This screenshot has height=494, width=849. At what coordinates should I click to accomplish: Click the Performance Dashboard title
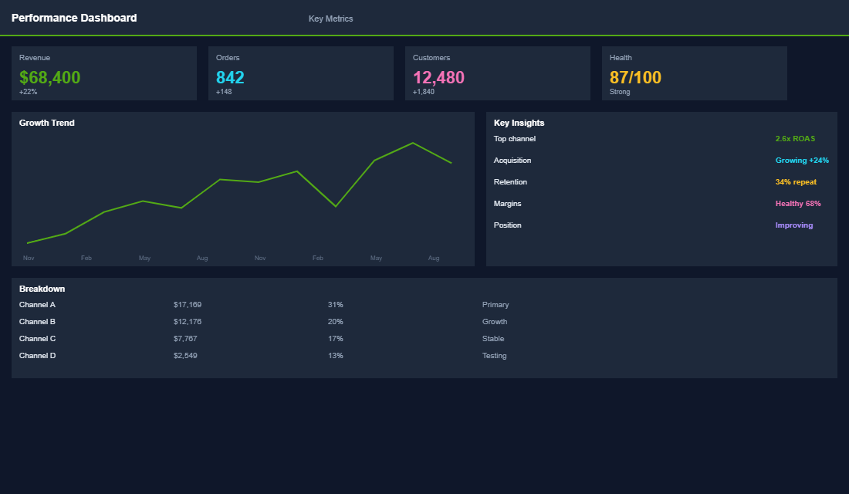tap(74, 18)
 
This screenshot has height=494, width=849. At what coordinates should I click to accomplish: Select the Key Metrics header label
tap(330, 19)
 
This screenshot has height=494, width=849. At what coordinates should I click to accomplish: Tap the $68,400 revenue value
tap(49, 77)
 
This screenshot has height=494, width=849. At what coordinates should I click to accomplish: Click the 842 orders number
tap(230, 77)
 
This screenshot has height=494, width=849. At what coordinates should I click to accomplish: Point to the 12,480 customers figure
tap(438, 77)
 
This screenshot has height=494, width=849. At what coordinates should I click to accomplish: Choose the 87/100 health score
tap(635, 77)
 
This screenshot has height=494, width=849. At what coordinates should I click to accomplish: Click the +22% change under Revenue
tap(28, 92)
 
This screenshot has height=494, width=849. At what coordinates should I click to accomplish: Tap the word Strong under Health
tap(620, 92)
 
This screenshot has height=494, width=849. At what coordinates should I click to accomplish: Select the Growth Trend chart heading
tap(47, 123)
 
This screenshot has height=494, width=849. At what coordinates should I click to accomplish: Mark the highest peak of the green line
tap(413, 143)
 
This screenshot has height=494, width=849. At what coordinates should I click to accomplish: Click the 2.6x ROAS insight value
tap(795, 139)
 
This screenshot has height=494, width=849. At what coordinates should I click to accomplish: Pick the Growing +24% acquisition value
tap(802, 161)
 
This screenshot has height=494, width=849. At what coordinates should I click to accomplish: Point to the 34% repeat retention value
tap(796, 182)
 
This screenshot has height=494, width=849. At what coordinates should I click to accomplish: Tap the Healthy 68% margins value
tap(798, 204)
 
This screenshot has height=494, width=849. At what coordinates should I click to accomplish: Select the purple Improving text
tap(794, 225)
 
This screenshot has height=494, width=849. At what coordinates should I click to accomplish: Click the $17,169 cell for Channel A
tap(188, 305)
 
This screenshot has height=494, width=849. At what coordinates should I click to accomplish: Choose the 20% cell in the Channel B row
tap(335, 322)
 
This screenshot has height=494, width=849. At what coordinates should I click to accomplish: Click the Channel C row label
tap(38, 339)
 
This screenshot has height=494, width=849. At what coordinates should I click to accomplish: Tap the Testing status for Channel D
tap(495, 356)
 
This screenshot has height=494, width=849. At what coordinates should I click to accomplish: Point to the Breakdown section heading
tap(42, 289)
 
